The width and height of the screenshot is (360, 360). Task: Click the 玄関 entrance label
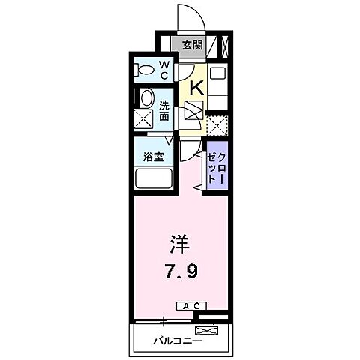[192, 44]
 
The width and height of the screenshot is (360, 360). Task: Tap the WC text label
[165, 69]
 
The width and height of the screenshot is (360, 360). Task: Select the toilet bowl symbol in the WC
[144, 70]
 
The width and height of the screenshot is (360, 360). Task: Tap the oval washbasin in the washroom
[145, 97]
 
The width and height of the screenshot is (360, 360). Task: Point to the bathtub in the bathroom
[153, 179]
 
